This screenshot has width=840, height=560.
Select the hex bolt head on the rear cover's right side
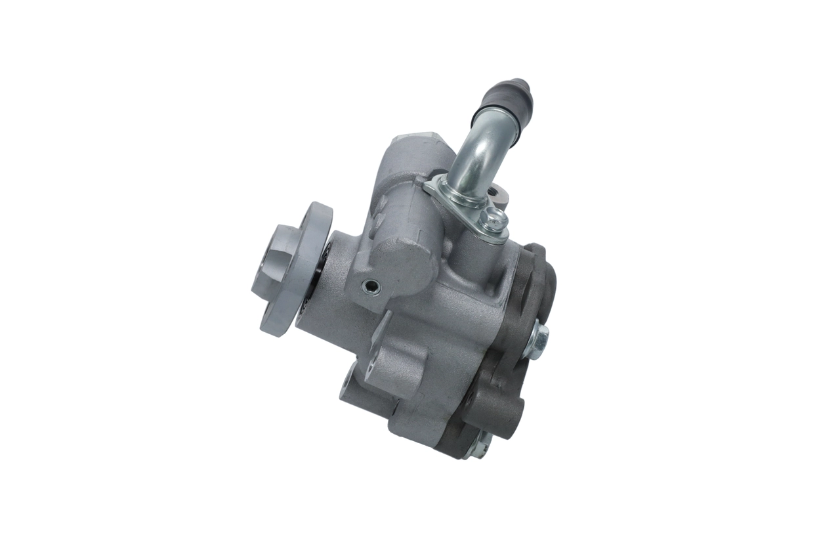536,341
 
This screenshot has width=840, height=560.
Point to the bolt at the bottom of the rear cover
477,447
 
